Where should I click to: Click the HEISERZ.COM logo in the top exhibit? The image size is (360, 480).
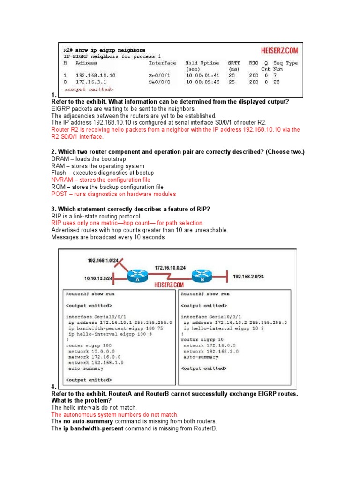pos(279,51)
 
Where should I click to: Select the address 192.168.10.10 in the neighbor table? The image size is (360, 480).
pos(95,75)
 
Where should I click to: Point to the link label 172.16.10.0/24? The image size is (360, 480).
pos(170,268)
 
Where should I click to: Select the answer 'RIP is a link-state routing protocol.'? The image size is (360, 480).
pos(96,216)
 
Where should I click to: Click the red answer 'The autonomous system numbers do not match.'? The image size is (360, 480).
pos(115,415)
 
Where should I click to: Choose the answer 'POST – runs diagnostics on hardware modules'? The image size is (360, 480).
pos(113,194)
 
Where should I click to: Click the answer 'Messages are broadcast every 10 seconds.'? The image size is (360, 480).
pos(108,237)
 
